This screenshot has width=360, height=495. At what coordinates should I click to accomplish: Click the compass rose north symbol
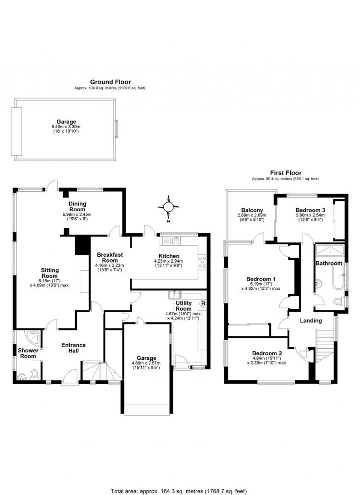168,206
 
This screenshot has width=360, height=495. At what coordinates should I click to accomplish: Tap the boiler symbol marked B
203,303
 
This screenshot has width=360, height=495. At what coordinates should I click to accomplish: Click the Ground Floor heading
110,82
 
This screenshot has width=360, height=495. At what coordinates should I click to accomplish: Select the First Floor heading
285,173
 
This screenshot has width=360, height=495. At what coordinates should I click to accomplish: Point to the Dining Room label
77,206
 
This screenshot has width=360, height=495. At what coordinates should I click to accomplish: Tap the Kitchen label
169,256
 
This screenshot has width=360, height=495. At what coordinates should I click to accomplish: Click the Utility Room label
184,306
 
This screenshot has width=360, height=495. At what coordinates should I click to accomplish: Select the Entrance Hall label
73,348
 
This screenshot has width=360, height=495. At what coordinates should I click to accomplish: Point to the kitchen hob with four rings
203,263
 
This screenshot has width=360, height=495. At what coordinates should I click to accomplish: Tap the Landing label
311,321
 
